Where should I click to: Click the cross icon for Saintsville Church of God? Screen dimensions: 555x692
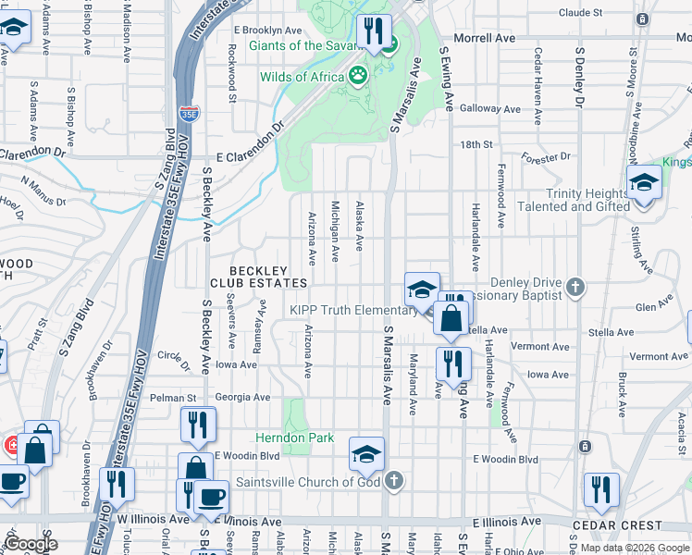click(x=394, y=481)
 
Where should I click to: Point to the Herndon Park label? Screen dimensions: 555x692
click(x=295, y=437)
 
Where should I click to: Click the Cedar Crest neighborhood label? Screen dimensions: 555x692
click(x=631, y=524)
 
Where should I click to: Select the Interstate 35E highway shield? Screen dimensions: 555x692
click(x=189, y=113)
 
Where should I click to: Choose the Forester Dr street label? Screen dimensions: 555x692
click(x=546, y=157)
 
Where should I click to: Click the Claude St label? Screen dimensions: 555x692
click(x=581, y=13)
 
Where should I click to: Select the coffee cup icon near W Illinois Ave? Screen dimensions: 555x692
click(x=212, y=498)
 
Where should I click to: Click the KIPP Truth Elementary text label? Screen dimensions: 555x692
click(x=352, y=311)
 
